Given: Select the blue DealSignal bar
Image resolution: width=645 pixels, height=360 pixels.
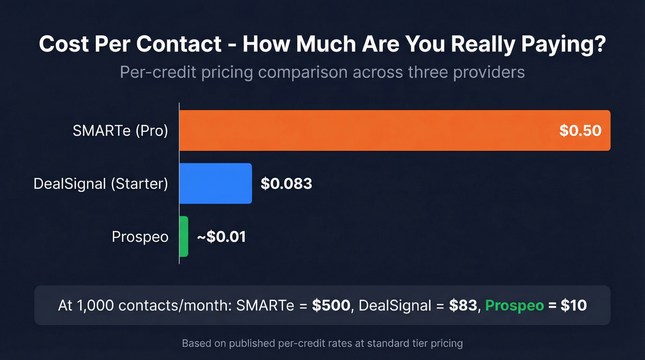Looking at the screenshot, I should (215, 183).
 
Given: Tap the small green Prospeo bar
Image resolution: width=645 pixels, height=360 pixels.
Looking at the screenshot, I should (183, 236).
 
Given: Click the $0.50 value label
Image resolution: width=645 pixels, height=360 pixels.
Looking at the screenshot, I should (580, 130).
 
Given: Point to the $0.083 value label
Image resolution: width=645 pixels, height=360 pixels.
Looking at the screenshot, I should (286, 183).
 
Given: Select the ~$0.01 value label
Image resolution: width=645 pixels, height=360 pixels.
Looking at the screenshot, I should (221, 237).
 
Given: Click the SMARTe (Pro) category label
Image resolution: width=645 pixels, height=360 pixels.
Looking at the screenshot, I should (120, 131).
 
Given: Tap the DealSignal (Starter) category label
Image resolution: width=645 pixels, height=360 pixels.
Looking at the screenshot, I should (100, 184).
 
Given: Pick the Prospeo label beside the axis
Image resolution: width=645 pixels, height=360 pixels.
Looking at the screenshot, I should (140, 237).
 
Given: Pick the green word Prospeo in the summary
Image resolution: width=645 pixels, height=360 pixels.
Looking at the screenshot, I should (515, 306).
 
